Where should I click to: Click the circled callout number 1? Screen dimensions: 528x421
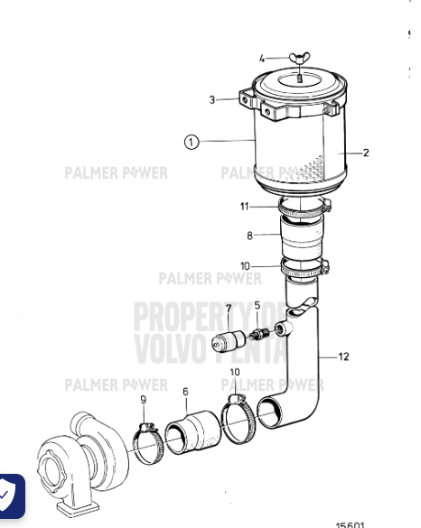point(191,142)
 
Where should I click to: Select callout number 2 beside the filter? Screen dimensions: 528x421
point(366,153)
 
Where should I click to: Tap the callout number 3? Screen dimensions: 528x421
point(213,100)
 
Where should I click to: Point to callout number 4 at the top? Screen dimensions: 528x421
point(262,60)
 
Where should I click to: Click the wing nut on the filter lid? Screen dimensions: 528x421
point(297,61)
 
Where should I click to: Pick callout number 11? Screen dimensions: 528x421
point(244,207)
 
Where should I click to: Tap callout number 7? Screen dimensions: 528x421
point(228,310)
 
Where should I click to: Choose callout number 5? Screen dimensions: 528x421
point(257,306)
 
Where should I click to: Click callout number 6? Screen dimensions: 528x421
point(185,392)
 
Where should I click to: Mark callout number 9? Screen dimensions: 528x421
point(143,400)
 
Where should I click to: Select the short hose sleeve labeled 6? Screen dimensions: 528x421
point(192,430)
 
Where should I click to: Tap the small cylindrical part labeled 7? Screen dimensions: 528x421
point(229,344)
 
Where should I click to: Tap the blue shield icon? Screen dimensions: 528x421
point(11,496)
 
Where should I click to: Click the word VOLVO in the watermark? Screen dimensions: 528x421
point(167,346)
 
